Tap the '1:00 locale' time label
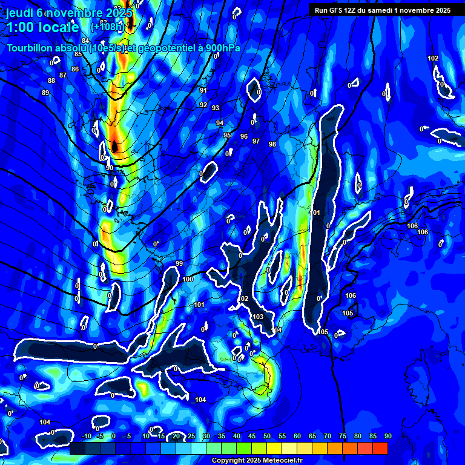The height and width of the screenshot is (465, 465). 42,27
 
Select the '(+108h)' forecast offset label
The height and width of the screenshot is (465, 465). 107,27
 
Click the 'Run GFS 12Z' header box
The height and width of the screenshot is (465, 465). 382,10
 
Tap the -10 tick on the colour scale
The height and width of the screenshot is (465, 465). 87,437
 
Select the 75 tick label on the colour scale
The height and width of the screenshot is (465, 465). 343,437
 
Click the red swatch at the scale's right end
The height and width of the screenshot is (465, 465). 380,448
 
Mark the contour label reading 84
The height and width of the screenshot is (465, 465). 85,41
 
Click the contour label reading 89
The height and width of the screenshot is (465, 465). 45,93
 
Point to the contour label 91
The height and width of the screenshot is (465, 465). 203,90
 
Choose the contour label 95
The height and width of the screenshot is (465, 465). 227,135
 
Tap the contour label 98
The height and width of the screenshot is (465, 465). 272,144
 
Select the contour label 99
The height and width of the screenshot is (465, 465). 179,263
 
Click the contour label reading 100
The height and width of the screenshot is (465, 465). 188,279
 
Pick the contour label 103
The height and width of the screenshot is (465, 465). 259,317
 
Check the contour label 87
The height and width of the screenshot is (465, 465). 63,75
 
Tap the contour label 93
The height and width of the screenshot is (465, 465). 216,108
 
